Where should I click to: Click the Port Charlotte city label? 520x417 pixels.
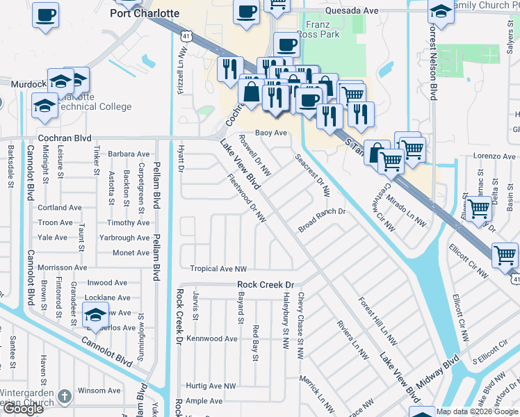coord(145,13)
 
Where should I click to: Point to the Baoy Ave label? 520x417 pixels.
coord(271,132)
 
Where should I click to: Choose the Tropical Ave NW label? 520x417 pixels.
coord(219,269)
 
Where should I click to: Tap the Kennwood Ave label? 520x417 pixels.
coord(212,339)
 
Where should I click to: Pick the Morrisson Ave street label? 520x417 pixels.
coord(63,268)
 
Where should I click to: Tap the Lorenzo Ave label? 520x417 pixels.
coord(489,157)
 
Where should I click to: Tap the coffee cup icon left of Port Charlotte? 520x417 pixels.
coord(45,14)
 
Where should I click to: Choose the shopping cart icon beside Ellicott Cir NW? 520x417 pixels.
coord(505,255)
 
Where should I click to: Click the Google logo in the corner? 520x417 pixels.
coord(23,409)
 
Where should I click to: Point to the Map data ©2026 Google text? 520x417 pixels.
coord(477,411)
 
